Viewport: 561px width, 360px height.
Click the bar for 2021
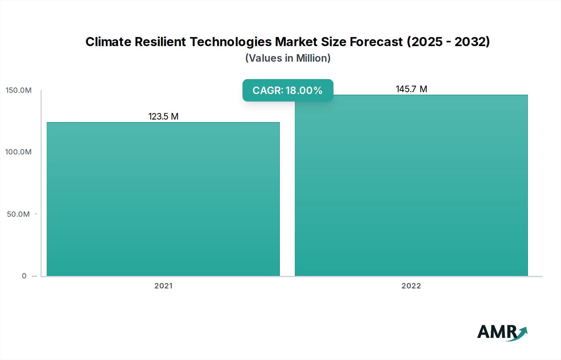163,199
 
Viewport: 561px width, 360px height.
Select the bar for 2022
411,187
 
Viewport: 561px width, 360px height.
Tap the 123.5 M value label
163,116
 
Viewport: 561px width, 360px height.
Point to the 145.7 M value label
411,89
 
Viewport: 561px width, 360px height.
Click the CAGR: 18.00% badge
288,90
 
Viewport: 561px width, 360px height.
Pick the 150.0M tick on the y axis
19,90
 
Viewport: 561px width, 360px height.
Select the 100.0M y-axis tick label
18,152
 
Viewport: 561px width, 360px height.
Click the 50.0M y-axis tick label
18,214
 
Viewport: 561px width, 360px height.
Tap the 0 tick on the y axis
24,276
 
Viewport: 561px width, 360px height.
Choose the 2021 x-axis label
163,286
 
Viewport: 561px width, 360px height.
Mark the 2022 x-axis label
411,286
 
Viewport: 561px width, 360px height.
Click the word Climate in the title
108,42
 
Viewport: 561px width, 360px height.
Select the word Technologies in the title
231,42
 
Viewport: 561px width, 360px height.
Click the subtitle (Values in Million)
288,58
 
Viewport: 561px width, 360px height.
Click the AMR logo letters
497,332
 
